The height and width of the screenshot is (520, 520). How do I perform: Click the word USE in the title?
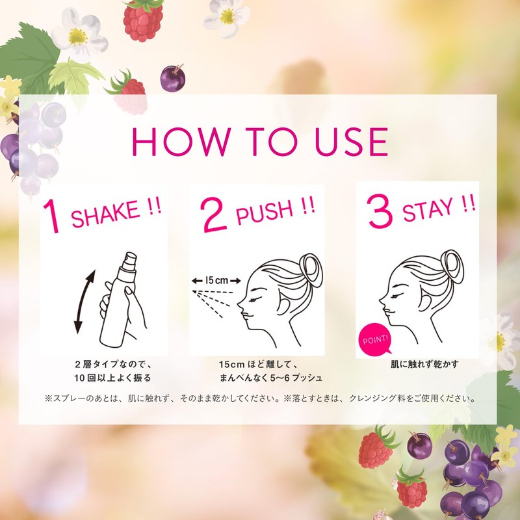click(351, 142)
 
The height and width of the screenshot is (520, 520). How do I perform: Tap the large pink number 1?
click(53, 216)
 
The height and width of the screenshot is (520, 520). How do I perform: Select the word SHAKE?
click(105, 214)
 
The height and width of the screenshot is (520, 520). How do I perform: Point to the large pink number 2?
click(214, 214)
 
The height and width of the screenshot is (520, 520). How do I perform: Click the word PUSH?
click(265, 212)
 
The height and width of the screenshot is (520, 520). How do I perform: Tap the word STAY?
click(428, 209)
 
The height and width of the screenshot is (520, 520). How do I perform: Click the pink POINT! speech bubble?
click(376, 339)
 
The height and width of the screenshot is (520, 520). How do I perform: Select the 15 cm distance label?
click(217, 281)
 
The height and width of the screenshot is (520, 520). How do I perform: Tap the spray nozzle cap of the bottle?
click(130, 262)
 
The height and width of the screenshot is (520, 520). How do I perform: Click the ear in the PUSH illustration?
click(283, 305)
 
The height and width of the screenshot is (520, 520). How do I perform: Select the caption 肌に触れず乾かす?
click(424, 365)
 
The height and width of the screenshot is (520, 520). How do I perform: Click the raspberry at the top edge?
click(143, 20)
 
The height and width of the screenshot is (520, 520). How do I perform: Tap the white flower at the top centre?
click(227, 18)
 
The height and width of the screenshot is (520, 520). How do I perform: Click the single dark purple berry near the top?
click(173, 78)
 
